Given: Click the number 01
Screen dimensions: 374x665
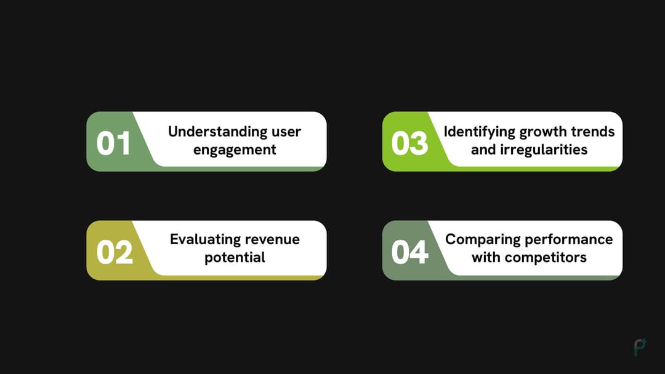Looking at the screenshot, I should click(114, 143).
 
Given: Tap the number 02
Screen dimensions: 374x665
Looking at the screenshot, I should click(115, 252).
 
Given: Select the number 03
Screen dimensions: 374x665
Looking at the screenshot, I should click(409, 143).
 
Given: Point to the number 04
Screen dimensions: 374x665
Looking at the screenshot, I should click(409, 252).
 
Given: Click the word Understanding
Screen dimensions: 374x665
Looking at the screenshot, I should click(209, 132).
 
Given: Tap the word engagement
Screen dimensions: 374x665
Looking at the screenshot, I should click(235, 149).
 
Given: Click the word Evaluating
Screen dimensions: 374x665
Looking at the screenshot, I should click(206, 239).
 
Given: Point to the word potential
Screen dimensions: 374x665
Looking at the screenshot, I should click(235, 257).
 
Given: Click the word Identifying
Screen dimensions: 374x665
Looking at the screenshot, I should click(480, 132).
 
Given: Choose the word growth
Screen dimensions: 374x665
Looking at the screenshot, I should click(544, 132).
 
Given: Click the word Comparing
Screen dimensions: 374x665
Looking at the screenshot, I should click(483, 239).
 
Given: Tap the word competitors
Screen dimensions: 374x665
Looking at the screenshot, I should click(546, 257).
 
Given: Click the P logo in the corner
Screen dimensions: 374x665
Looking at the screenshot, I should click(640, 348).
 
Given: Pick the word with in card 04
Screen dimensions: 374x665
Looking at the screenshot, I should click(486, 257).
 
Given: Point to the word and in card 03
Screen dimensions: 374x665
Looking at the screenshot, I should click(483, 149).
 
